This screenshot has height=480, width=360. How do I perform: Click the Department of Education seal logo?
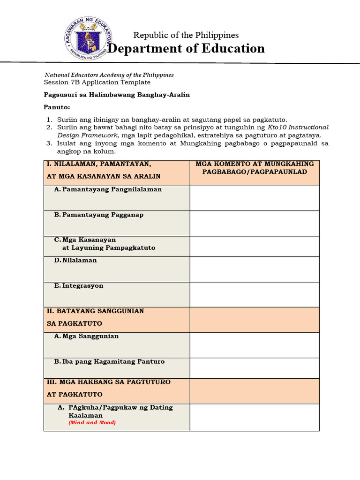85,41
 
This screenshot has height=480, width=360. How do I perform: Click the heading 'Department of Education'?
187,49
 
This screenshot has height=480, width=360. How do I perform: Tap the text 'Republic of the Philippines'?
186,35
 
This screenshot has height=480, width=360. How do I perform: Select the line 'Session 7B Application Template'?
97,82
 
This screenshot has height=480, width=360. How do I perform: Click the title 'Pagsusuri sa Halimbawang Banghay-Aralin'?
117,95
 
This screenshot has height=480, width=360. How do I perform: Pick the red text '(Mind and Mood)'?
92,422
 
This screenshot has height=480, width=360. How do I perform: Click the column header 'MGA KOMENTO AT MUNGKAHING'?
255,164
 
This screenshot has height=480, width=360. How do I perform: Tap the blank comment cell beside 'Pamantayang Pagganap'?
255,223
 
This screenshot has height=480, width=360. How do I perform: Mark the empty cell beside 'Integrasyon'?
255,294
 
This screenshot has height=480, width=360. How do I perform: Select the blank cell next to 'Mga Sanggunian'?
255,345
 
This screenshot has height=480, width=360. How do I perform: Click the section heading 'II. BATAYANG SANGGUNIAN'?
95,311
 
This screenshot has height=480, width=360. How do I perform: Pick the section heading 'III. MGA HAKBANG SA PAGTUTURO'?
108,382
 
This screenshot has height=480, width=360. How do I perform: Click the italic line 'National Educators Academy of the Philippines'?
109,75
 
